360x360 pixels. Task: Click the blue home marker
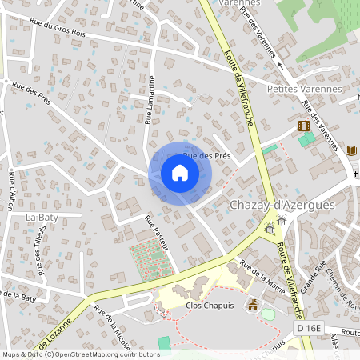coord(179,174)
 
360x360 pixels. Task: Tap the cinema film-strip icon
coord(303,126)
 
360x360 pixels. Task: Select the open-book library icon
coord(350,150)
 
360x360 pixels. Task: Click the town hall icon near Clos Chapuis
coord(254,304)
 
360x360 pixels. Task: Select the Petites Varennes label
coord(305,89)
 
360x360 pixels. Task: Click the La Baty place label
coord(41,217)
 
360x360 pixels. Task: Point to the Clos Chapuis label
coord(208,304)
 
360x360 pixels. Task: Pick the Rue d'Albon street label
coord(10,190)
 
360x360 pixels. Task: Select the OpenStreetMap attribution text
coord(80,354)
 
